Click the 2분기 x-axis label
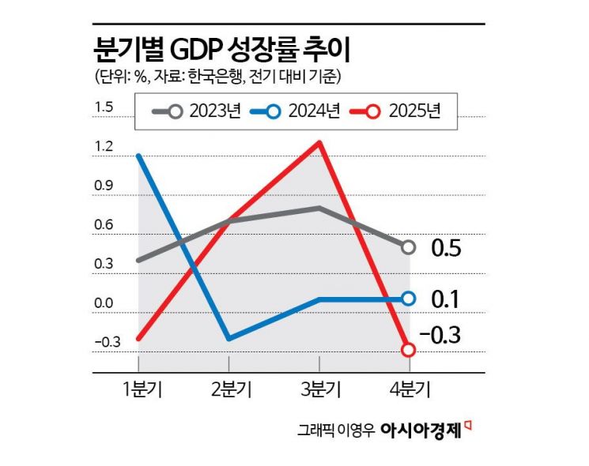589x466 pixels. [229, 389]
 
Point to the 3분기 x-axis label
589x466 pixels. [319, 389]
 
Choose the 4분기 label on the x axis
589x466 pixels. [409, 389]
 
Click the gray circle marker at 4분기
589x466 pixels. [409, 247]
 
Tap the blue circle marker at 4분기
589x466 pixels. [409, 299]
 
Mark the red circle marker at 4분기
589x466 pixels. [409, 349]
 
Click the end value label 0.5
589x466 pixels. [446, 249]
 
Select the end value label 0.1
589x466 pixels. [446, 299]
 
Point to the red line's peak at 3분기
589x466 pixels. [319, 143]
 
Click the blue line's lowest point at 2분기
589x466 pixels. [229, 339]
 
